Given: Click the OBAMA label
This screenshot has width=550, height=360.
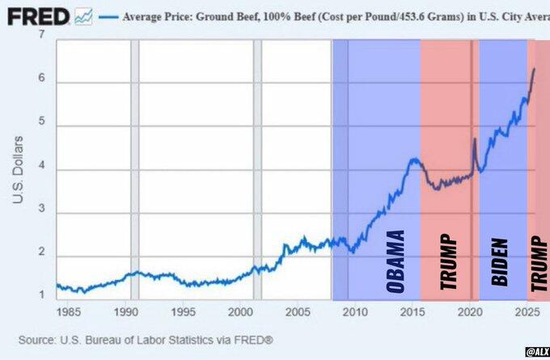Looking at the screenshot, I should [395, 262].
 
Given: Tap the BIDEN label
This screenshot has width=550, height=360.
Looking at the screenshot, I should [499, 263].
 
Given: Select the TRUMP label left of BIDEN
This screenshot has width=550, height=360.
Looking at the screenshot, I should [447, 263].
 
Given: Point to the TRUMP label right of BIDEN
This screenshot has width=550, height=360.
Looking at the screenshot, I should [539, 263].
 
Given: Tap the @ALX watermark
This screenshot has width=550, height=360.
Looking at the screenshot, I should [536, 352].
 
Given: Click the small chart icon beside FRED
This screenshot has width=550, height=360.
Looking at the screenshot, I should [82, 16].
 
